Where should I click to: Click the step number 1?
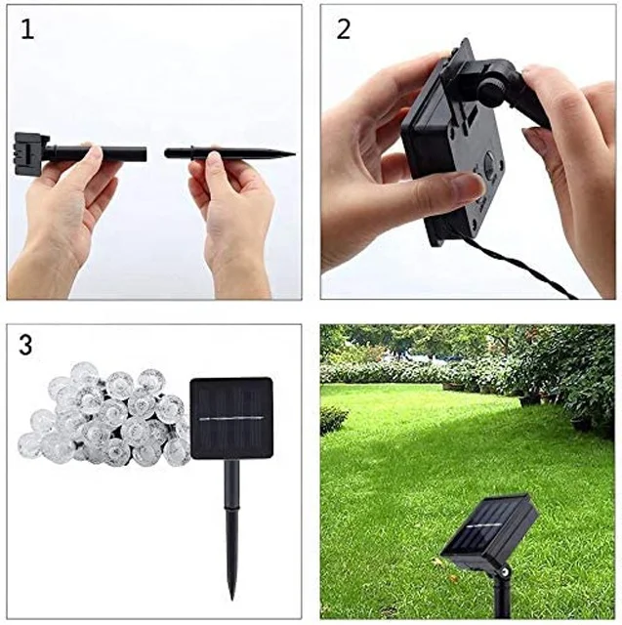(x=27, y=29)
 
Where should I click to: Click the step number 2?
(x=343, y=29)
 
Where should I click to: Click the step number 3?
(x=27, y=346)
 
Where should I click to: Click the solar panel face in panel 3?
(x=230, y=418)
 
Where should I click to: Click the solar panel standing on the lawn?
(x=488, y=532)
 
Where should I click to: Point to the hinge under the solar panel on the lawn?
(x=504, y=571)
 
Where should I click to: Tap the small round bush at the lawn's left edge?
(x=333, y=420)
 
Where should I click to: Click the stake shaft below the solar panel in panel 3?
(x=232, y=518)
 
